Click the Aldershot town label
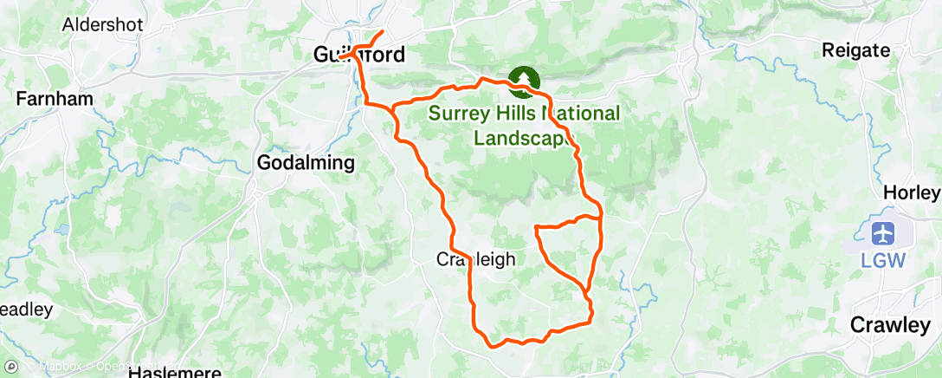pos(102,24)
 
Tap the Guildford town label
pos(358,55)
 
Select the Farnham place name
pos(54,99)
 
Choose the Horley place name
pos(910,192)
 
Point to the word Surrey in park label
pos(459,114)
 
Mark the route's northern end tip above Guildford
pos(384,32)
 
